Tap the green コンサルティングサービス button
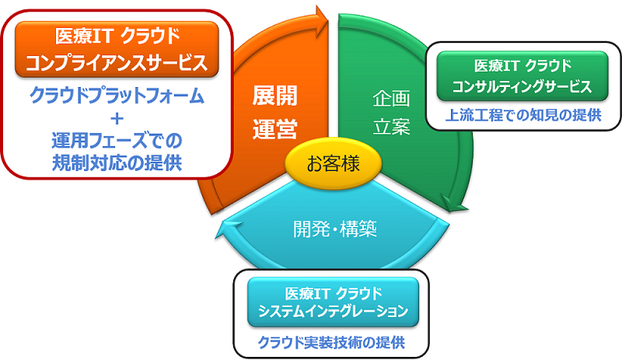[x=522, y=75]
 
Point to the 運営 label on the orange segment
[x=275, y=128]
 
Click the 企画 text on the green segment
[x=390, y=100]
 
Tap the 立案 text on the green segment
[x=390, y=127]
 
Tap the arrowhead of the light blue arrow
[x=223, y=227]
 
